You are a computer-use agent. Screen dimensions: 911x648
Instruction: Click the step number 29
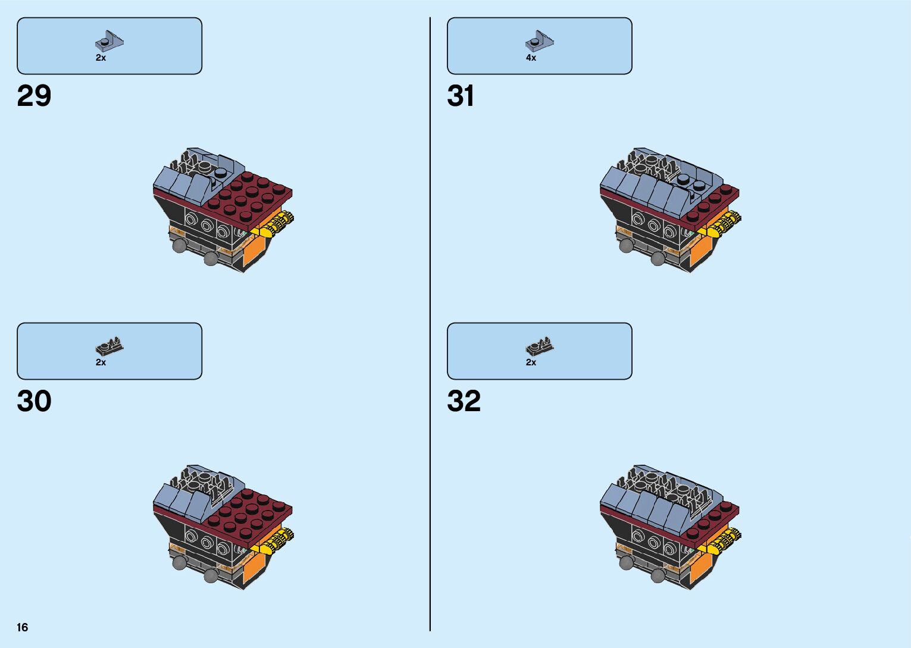point(35,96)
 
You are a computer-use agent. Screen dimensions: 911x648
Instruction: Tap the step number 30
point(35,401)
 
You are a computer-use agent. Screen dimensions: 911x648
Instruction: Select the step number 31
point(461,96)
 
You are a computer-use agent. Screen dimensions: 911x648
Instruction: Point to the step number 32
point(464,401)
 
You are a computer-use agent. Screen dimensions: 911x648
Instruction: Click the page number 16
point(23,627)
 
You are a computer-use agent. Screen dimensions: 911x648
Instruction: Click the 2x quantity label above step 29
point(101,58)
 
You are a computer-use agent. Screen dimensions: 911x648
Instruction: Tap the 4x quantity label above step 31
point(531,58)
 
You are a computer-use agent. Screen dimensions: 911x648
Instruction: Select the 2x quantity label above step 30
point(101,362)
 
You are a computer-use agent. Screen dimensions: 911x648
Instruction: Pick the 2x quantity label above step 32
point(531,362)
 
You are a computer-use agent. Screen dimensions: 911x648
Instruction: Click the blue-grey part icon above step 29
point(109,41)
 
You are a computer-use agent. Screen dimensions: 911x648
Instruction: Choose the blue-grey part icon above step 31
point(540,41)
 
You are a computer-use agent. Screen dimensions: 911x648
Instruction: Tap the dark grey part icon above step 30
point(109,346)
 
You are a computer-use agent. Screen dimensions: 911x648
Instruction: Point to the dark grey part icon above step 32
point(540,346)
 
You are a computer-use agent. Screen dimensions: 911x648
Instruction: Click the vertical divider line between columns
point(430,324)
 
